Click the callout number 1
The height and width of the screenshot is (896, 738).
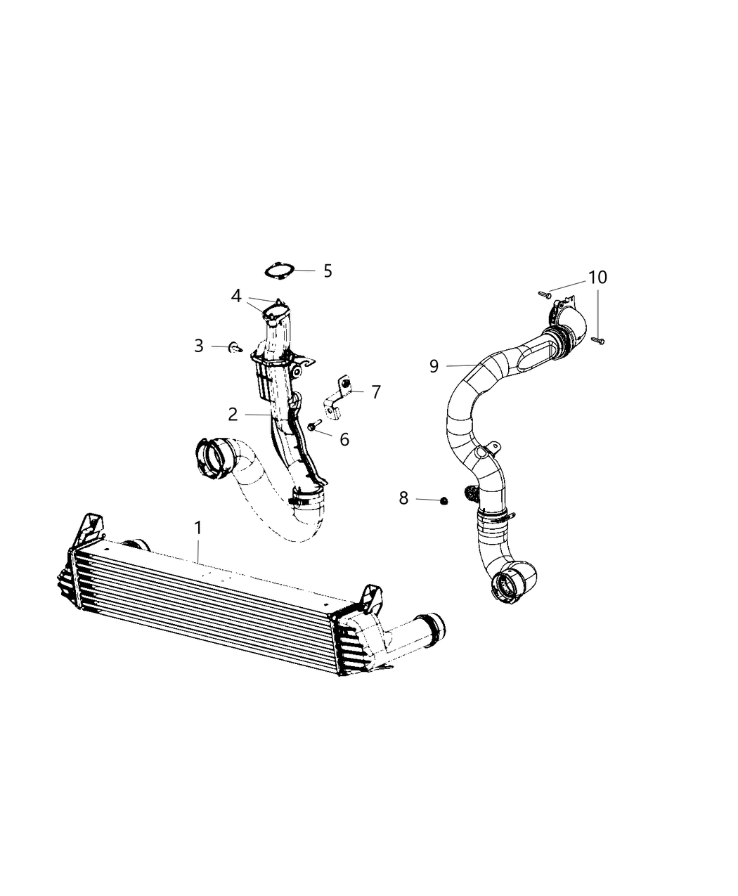(x=198, y=527)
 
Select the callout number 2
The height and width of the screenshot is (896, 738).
(x=233, y=415)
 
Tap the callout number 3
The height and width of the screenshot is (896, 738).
(x=199, y=346)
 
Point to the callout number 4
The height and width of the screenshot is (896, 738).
(x=236, y=296)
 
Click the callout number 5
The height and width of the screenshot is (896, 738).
(x=328, y=271)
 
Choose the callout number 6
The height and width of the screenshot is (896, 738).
(x=344, y=439)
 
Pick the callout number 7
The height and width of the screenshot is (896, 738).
(x=376, y=392)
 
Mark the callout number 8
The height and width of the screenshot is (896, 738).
(x=403, y=498)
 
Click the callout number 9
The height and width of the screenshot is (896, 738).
(x=434, y=365)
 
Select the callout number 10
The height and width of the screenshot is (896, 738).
(x=597, y=278)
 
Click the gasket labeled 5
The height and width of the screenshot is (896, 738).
(x=278, y=270)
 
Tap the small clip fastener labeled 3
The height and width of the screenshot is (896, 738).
(x=235, y=347)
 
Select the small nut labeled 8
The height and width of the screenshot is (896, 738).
(x=444, y=500)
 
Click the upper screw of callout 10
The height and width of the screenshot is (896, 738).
(x=543, y=292)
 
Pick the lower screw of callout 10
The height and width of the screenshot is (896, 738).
(x=597, y=340)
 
